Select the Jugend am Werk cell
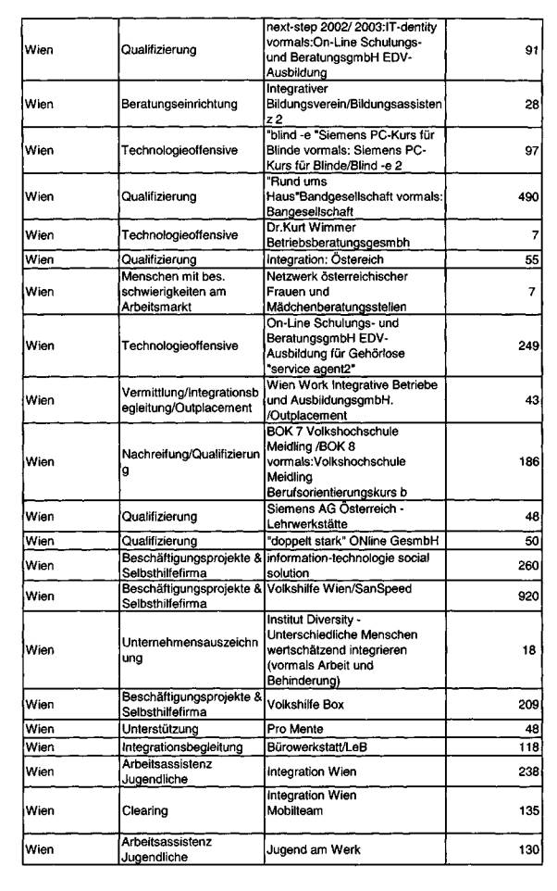(x=304, y=847)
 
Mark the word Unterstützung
(x=158, y=729)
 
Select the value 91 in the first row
(x=531, y=49)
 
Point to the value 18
(x=531, y=651)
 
